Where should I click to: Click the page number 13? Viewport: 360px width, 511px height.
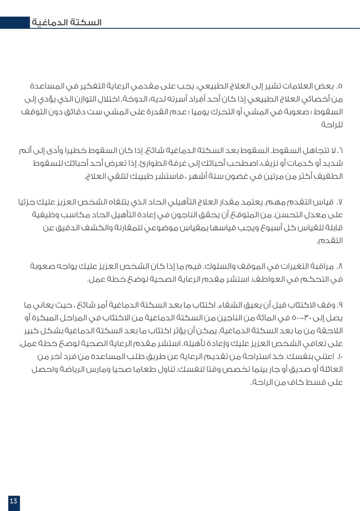pyautogui.click(x=13, y=500)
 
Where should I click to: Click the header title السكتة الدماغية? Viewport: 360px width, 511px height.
pyautogui.click(x=67, y=22)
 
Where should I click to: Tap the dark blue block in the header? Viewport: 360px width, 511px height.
pyautogui.click(x=15, y=23)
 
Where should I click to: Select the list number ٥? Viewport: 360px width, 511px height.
pyautogui.click(x=340, y=86)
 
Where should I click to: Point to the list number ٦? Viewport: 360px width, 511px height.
pyautogui.click(x=340, y=150)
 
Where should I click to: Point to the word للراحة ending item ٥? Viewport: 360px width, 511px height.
pyautogui.click(x=332, y=125)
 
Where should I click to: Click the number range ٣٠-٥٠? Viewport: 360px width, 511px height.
pyautogui.click(x=299, y=318)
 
